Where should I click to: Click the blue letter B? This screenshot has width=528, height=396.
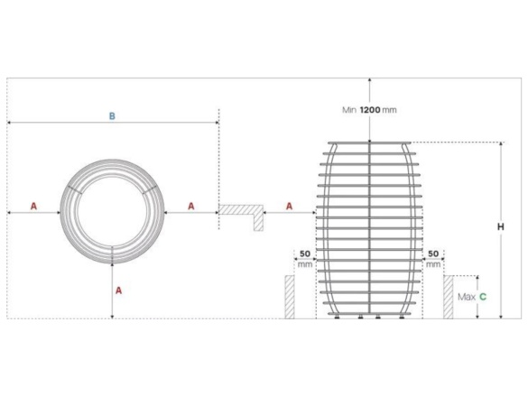[112, 115]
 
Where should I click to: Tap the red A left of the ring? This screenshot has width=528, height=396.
[34, 206]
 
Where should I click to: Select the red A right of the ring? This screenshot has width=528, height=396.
[190, 206]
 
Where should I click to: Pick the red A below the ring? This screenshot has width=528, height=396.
[118, 290]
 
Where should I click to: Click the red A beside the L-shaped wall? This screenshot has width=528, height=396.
[289, 206]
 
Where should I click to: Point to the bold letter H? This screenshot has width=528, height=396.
[501, 227]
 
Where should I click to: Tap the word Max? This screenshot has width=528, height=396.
[466, 296]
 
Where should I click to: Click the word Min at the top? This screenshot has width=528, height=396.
[349, 110]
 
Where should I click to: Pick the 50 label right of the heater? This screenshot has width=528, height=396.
[433, 254]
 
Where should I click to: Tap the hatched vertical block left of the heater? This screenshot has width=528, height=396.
[290, 297]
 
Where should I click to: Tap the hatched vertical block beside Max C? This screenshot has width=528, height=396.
[448, 297]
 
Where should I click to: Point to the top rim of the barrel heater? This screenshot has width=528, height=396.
[370, 143]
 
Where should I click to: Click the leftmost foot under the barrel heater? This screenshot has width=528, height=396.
[338, 317]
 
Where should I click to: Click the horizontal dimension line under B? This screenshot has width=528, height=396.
[112, 124]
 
